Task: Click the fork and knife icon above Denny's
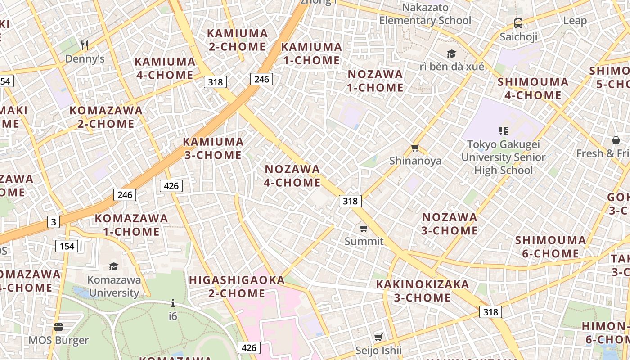coord(85,45)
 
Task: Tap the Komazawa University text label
coord(114,286)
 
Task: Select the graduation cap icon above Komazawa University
coord(113,267)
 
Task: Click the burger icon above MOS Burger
coord(58,327)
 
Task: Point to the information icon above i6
coord(173,303)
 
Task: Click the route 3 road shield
coord(54,222)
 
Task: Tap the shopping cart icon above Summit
coord(364,229)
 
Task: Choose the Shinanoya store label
coord(415,161)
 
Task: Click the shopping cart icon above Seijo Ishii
coord(378,337)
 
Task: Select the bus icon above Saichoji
coord(518,23)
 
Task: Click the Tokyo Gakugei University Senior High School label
coord(503,157)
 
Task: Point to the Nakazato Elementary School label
coord(425,14)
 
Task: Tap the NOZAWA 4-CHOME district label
coord(292,176)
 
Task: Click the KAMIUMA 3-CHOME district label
coord(213,148)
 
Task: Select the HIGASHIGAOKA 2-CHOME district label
coord(237,287)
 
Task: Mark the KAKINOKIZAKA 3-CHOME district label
coord(423,291)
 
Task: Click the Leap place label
coord(575,21)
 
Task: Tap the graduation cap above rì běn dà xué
coord(451,54)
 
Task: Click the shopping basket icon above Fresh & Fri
coord(616,141)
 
